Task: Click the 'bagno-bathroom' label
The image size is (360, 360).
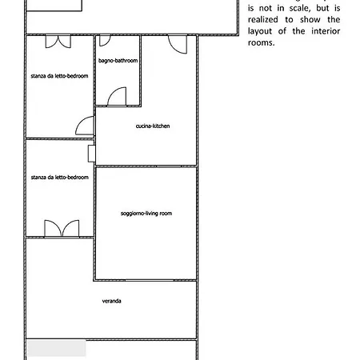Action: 118,61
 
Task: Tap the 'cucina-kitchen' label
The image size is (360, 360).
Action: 153,126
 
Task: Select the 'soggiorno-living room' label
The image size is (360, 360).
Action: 146,214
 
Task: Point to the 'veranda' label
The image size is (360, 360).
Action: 112,301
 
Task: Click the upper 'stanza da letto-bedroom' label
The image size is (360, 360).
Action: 59,76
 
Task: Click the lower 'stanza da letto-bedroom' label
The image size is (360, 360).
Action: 60,178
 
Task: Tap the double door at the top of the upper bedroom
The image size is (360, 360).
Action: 58,42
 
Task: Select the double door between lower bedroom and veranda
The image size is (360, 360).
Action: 62,228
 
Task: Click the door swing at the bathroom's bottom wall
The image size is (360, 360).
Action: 117,97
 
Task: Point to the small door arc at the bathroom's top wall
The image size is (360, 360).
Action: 105,40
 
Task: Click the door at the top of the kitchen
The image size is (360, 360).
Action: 178,44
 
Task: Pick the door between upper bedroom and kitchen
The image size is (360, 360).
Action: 85,126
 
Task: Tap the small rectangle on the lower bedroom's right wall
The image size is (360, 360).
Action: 91,154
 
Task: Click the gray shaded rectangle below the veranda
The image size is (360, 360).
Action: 57,348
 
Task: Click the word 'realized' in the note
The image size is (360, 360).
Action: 263,20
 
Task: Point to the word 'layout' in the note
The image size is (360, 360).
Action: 260,32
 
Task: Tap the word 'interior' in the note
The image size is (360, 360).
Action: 326,31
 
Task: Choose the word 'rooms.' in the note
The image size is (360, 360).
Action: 262,43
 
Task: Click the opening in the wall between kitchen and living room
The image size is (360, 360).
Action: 169,166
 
